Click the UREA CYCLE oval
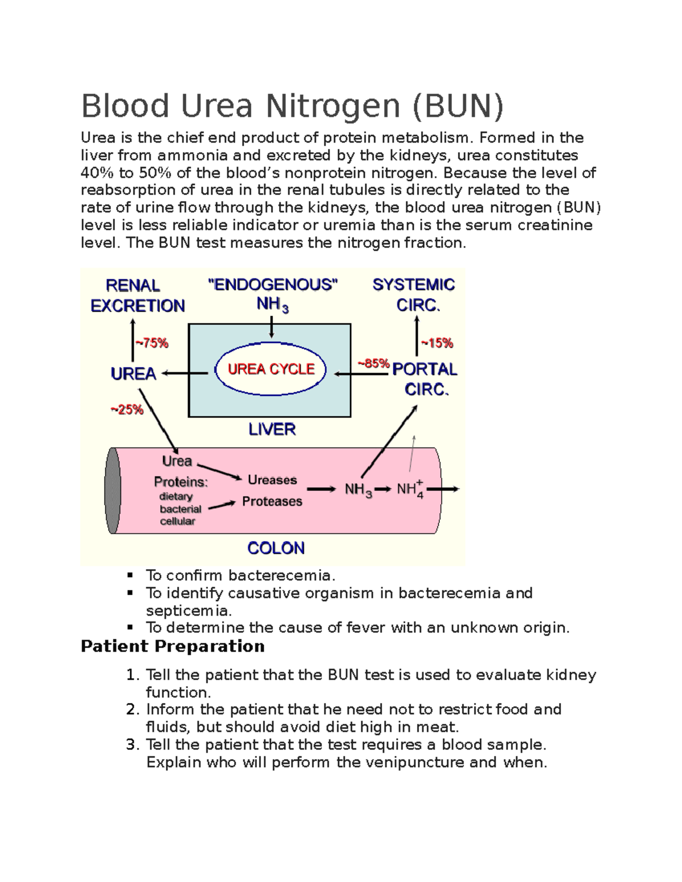click(x=271, y=370)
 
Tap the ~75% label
click(x=151, y=343)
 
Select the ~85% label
click(x=373, y=363)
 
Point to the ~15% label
click(x=436, y=343)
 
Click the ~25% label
click(x=127, y=409)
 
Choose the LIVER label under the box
click(x=272, y=429)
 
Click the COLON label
click(x=276, y=548)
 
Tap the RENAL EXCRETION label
click(x=138, y=295)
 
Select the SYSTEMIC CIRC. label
click(x=414, y=295)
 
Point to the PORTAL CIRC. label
click(x=425, y=379)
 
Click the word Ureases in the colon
click(x=272, y=480)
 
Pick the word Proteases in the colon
click(x=272, y=501)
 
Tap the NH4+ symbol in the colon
click(x=410, y=489)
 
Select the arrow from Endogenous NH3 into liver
click(x=272, y=327)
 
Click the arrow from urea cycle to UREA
click(x=185, y=374)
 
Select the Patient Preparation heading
click(x=173, y=646)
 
